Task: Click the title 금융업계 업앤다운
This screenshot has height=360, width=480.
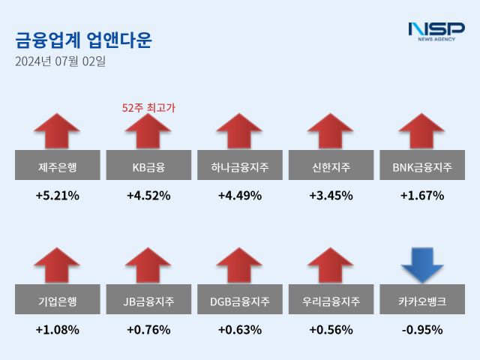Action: [83, 39]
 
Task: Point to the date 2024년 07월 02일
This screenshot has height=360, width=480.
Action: [61, 61]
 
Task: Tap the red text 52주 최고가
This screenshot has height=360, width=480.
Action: [148, 108]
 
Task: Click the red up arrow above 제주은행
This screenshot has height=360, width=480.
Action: [57, 131]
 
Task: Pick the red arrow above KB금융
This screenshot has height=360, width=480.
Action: [148, 131]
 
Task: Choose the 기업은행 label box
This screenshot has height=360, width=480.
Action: [57, 301]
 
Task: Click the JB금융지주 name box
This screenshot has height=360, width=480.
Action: [148, 301]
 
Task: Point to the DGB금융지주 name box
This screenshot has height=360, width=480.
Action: [240, 301]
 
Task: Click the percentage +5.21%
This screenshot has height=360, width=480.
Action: [57, 196]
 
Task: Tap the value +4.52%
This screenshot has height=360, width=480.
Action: [148, 196]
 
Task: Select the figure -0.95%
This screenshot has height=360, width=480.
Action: [423, 329]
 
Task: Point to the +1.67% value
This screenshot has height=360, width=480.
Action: [423, 196]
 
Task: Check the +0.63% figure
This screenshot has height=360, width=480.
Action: [240, 329]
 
